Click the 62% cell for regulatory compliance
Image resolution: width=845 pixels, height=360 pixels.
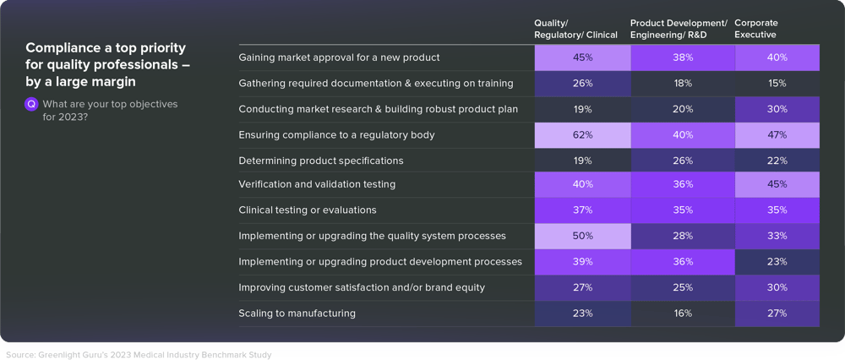click(582, 134)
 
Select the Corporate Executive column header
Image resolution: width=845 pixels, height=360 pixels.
click(755, 29)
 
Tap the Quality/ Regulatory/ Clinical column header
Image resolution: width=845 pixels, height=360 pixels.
click(575, 29)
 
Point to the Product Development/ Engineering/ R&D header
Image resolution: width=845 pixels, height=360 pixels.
click(679, 29)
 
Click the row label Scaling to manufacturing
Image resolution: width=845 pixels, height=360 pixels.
click(297, 314)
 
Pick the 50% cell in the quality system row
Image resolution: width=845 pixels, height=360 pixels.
click(582, 237)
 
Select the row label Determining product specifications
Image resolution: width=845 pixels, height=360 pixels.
click(320, 161)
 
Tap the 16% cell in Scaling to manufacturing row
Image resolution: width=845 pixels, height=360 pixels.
click(683, 314)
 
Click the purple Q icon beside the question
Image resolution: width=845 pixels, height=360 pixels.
click(32, 104)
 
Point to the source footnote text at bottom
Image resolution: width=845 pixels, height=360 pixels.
click(139, 354)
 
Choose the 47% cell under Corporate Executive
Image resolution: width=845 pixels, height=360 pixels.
click(777, 134)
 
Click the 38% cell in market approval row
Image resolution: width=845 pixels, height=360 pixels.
click(683, 57)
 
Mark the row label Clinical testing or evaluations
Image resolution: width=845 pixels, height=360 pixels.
click(307, 210)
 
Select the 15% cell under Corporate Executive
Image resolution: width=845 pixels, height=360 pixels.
click(777, 84)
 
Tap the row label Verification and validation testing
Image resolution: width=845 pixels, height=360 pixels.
click(317, 184)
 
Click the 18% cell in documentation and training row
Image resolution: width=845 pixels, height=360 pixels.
click(683, 84)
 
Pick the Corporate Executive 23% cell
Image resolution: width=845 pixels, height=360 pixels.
click(777, 262)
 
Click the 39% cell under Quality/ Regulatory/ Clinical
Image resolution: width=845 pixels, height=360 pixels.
click(582, 262)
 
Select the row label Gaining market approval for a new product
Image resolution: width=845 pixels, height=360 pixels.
click(339, 57)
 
